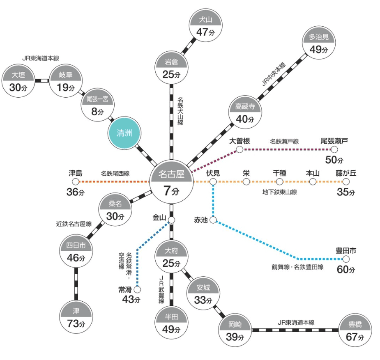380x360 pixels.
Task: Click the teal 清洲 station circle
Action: (x=124, y=133)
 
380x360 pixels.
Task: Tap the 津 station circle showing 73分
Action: (x=76, y=317)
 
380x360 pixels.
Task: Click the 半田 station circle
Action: (x=171, y=323)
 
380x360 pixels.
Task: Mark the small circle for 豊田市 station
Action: (x=346, y=259)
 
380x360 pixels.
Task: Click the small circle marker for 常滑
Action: (x=137, y=289)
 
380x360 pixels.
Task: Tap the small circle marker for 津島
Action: (x=75, y=181)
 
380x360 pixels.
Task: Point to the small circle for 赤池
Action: (x=213, y=220)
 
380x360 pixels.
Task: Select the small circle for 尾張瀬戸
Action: (x=328, y=150)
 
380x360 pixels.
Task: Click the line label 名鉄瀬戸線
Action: (x=284, y=142)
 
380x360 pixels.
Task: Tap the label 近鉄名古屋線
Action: (x=74, y=224)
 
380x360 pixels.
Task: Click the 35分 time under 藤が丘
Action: (x=345, y=192)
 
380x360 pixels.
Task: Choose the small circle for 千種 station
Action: (x=280, y=181)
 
